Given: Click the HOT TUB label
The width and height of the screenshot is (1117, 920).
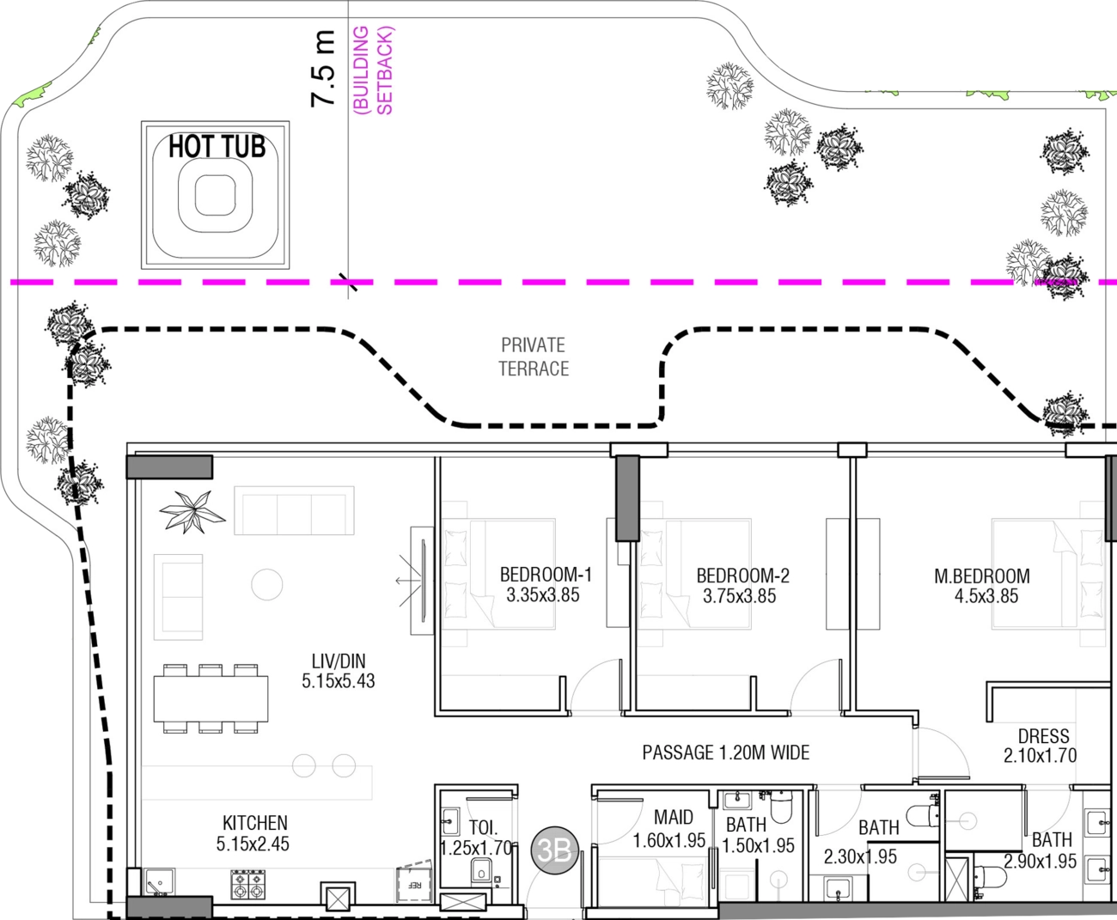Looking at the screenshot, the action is pyautogui.click(x=217, y=146).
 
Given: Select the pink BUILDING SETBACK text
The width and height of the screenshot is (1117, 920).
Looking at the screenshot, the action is pyautogui.click(x=374, y=70).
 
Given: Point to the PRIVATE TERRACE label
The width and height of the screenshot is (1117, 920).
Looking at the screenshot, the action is pyautogui.click(x=534, y=356).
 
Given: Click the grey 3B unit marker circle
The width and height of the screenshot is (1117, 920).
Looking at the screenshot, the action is pyautogui.click(x=555, y=850).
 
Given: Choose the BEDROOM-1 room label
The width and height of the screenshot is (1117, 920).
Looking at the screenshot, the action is pyautogui.click(x=546, y=575).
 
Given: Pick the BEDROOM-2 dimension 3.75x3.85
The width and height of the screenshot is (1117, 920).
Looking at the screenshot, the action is pyautogui.click(x=739, y=596).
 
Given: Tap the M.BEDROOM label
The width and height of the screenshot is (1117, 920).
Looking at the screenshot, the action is pyautogui.click(x=982, y=576).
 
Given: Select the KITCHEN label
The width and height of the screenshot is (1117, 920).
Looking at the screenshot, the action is pyautogui.click(x=255, y=823).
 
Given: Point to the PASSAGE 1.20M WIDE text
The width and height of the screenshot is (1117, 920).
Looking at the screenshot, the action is pyautogui.click(x=726, y=752).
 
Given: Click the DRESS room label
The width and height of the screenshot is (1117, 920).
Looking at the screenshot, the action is pyautogui.click(x=1043, y=736).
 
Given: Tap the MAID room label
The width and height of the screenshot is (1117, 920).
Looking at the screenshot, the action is pyautogui.click(x=674, y=817).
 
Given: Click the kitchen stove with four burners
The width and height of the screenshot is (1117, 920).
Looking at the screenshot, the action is pyautogui.click(x=247, y=884).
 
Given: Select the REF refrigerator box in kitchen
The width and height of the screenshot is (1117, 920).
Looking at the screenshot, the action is pyautogui.click(x=414, y=883).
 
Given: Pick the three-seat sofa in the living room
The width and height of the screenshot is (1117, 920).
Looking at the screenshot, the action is pyautogui.click(x=294, y=510).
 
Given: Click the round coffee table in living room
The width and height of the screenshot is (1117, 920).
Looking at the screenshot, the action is pyautogui.click(x=267, y=585).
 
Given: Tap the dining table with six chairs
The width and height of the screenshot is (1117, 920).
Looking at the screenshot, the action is pyautogui.click(x=211, y=698).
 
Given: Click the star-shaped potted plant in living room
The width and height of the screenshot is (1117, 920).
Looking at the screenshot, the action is pyautogui.click(x=192, y=512).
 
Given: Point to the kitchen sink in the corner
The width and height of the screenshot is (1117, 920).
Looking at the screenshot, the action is pyautogui.click(x=159, y=882).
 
